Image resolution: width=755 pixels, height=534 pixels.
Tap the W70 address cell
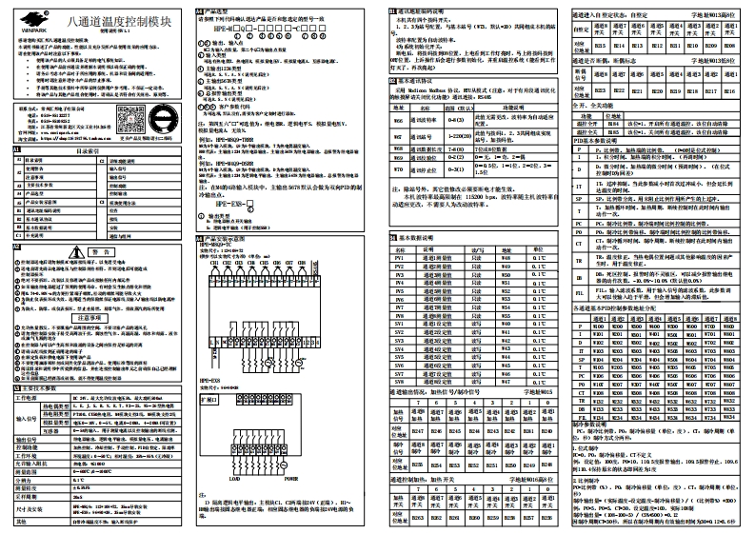point(399,198)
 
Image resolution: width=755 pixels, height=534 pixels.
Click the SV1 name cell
point(400,326)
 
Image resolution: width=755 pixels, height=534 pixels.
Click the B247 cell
point(418,432)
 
